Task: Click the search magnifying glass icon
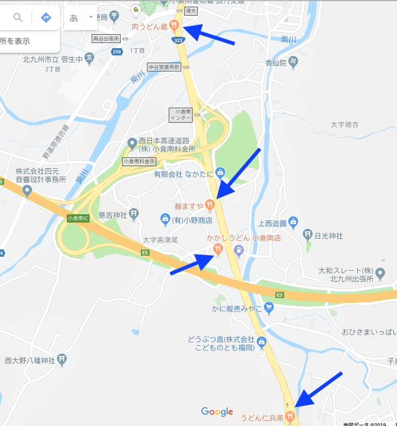point(18,18)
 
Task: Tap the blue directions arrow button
point(46,18)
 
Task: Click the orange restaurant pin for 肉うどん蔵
point(175,24)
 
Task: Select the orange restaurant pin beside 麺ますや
point(210,205)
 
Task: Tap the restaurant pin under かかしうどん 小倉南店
point(218,249)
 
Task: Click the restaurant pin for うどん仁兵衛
point(290,415)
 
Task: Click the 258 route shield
point(117,52)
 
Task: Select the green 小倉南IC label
point(78,218)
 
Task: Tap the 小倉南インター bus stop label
point(180,114)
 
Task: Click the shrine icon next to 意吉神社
point(134,214)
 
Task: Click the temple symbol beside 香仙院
point(295,63)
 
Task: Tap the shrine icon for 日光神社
point(307,234)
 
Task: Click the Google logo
point(217,412)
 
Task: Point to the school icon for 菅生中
point(90,58)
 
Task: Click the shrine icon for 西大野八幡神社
point(62,359)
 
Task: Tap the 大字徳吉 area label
point(345,125)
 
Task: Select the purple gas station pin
point(239,251)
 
